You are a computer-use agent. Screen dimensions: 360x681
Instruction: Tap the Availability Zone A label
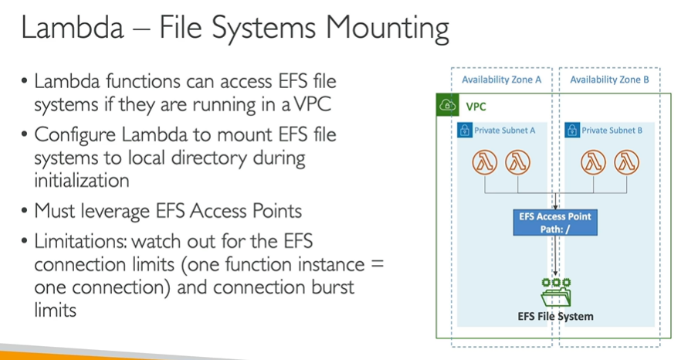pos(501,80)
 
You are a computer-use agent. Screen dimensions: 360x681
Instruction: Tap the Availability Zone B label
pos(609,80)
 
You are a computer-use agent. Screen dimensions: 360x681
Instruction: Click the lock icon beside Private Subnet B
pos(573,131)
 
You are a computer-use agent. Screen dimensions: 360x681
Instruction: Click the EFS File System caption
pos(554,317)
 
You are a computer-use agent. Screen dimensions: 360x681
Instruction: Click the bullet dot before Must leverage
pos(25,211)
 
